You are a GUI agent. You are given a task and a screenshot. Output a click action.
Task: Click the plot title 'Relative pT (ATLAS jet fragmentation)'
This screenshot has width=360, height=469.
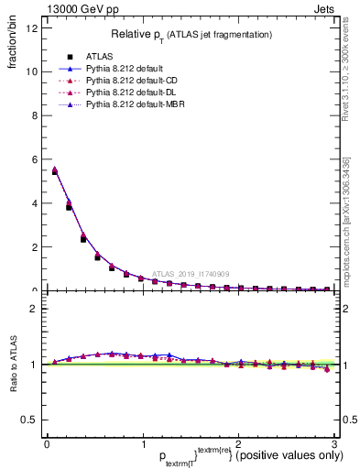[x=191, y=34]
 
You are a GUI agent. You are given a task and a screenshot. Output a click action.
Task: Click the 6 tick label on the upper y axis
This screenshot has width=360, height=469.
[x=34, y=159]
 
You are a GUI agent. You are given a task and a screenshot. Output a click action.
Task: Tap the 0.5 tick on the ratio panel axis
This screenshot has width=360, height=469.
[x=29, y=420]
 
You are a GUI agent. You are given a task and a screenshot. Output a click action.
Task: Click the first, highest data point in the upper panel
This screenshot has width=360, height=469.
[x=54, y=170]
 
